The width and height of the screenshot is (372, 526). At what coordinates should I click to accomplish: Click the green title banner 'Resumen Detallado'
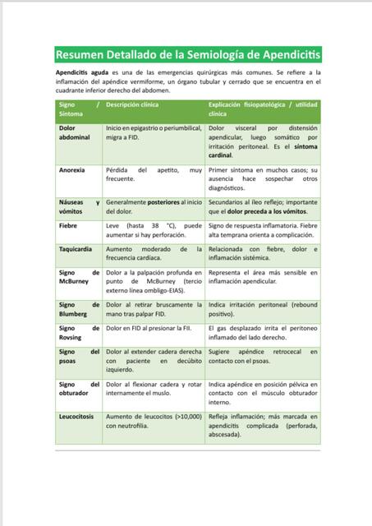(x=188, y=55)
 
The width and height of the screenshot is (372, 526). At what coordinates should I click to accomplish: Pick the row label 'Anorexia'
(x=74, y=169)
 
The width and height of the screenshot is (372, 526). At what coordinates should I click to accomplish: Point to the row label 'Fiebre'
(x=69, y=225)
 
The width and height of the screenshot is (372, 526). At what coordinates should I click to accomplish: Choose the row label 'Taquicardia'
(x=79, y=249)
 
